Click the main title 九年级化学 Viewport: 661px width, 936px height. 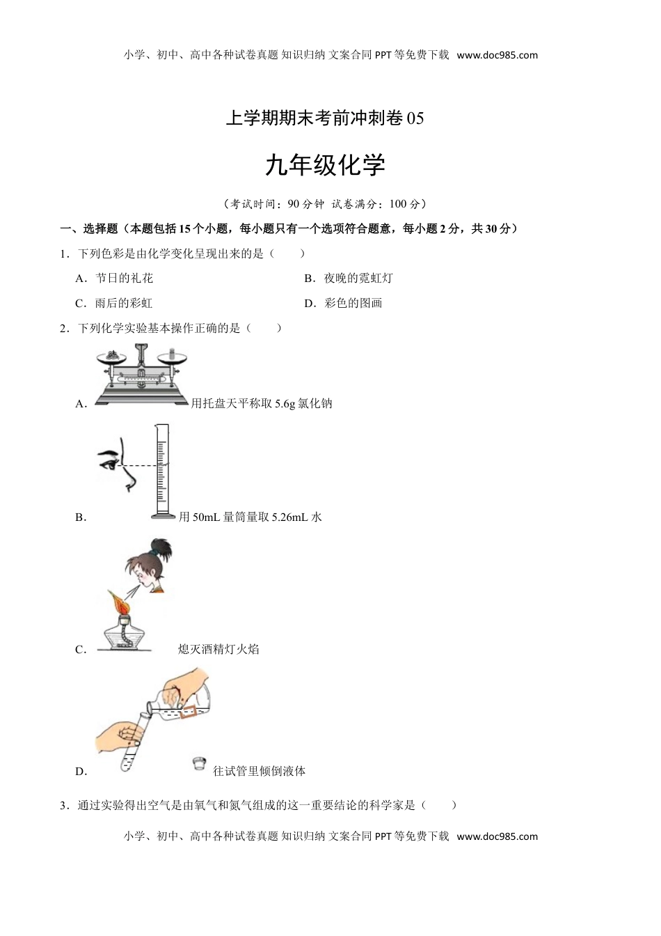tap(325, 166)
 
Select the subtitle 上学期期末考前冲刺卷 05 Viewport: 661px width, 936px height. tap(325, 119)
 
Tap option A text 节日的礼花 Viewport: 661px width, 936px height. tap(124, 278)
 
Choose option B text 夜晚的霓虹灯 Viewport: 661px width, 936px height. tap(358, 278)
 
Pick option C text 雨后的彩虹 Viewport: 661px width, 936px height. tap(124, 303)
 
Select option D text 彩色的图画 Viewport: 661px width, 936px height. tap(353, 303)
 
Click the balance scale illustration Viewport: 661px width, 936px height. tap(142, 376)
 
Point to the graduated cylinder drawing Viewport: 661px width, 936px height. tap(163, 471)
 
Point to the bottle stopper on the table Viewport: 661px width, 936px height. tap(199, 764)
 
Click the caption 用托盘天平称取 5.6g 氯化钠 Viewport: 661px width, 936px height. tap(262, 403)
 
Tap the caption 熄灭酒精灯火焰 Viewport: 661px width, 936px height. tap(218, 649)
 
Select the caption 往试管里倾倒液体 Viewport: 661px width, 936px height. tap(260, 771)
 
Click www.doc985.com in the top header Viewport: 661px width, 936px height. tap(497, 55)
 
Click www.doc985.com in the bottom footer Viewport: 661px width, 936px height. tap(497, 836)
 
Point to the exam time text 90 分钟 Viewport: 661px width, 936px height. tap(305, 204)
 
